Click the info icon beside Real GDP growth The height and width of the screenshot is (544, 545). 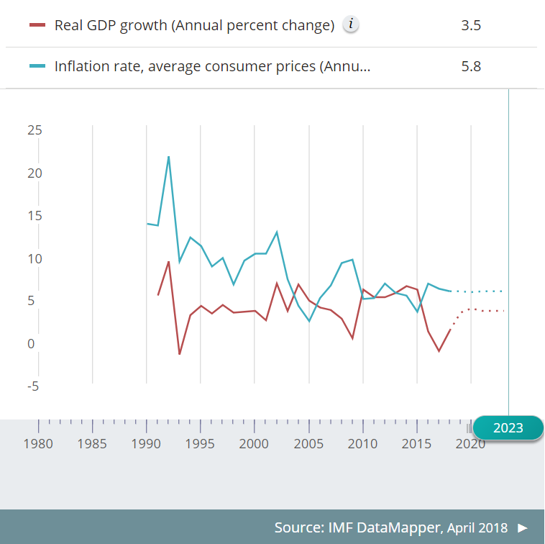point(350,25)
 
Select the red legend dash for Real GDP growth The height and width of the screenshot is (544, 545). point(37,25)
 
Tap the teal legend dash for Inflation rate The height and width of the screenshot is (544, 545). point(37,66)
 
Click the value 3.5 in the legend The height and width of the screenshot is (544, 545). point(471,26)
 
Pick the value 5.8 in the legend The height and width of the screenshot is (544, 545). point(471,67)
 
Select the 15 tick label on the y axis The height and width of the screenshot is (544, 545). point(35,216)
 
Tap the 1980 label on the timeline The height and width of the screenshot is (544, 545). point(38,443)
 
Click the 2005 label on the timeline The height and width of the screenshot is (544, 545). point(308,443)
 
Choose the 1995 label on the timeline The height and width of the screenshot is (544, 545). point(201,443)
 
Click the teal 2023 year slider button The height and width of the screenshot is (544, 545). point(508,427)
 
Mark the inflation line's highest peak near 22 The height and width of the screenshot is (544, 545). point(168,156)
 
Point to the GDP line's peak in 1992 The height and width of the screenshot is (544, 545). point(168,261)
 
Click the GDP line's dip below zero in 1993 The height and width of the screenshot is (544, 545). point(179,354)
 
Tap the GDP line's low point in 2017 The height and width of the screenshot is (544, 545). point(439,351)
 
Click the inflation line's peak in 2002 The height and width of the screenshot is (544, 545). point(277,232)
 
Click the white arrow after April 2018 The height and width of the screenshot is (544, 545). point(523,527)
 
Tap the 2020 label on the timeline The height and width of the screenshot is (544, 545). point(470,443)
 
